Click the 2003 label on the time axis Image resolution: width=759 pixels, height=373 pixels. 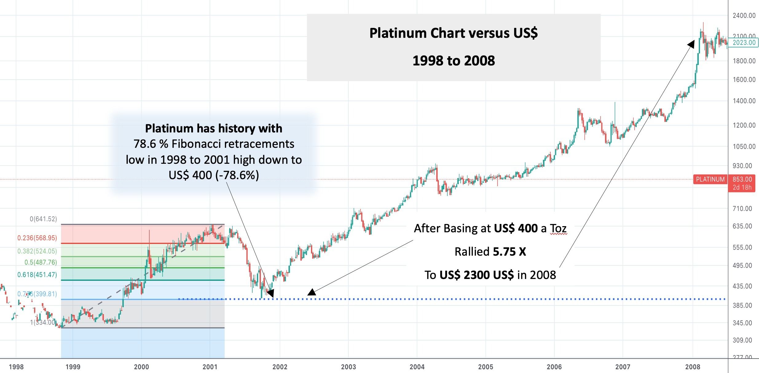click(x=348, y=367)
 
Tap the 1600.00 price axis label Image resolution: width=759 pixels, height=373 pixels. click(x=744, y=80)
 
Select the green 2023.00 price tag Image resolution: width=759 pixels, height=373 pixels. click(x=744, y=43)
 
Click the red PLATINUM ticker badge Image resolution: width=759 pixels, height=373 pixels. click(x=710, y=179)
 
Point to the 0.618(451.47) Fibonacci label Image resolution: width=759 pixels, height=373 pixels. click(x=37, y=275)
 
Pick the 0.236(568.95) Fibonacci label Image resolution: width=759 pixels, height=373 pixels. click(x=37, y=238)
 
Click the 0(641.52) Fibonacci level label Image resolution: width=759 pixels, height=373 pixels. click(x=43, y=219)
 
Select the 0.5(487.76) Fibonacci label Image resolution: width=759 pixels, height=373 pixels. click(x=41, y=262)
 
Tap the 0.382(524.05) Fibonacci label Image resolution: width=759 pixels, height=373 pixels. click(x=37, y=251)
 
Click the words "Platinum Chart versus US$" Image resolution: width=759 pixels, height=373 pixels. click(x=454, y=33)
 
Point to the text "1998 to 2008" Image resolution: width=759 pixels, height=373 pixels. click(x=454, y=61)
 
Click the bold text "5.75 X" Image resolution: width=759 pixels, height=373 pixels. click(x=509, y=252)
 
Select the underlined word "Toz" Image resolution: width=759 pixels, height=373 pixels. click(x=558, y=229)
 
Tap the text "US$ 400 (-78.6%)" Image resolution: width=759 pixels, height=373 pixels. click(x=214, y=175)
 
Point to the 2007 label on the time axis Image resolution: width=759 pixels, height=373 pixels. click(x=623, y=367)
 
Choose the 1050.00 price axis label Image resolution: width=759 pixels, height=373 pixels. click(x=744, y=146)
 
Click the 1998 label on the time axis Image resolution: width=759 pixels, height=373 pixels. click(x=16, y=367)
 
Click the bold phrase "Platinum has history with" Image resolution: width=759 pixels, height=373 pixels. click(x=214, y=128)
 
